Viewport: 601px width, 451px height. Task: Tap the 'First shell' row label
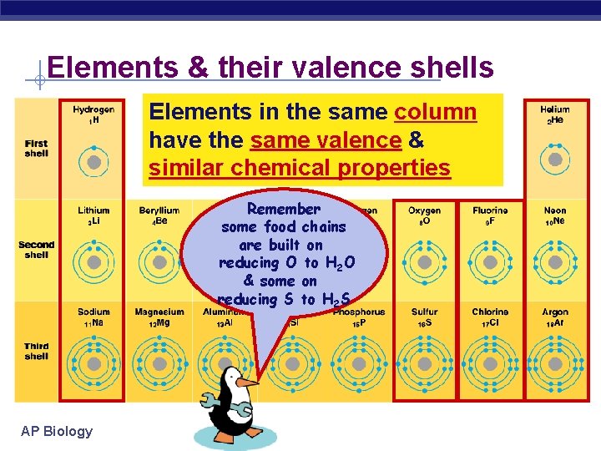click(36, 148)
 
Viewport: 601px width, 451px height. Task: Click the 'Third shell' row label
click(36, 351)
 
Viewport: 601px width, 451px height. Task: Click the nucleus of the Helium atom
click(555, 161)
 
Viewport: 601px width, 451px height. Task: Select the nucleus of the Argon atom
click(555, 364)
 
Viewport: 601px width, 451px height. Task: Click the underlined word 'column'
click(435, 112)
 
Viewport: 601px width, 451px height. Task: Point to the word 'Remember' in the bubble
click(284, 209)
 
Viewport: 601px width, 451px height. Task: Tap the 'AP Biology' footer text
click(57, 431)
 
